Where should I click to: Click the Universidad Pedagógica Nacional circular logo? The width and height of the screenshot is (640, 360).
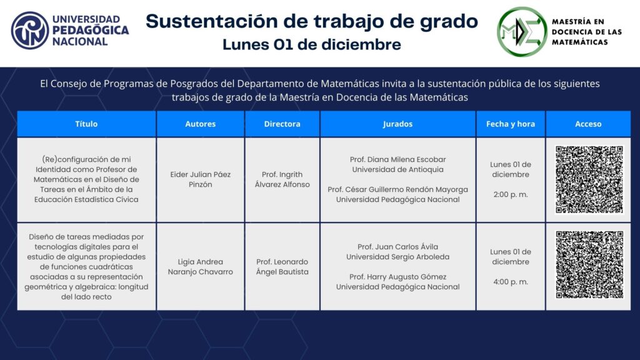pos(30,31)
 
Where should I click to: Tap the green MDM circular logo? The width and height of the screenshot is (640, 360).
pos(522,31)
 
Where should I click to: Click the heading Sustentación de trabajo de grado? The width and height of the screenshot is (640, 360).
pos(312,21)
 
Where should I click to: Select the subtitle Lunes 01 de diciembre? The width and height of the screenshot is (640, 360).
pos(312,44)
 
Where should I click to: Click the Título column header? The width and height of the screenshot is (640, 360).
pos(86,124)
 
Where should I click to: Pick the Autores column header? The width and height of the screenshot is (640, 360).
pos(201,124)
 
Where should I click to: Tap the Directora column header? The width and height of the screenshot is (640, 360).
pos(282,124)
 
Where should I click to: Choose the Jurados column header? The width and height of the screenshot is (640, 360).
pos(397,124)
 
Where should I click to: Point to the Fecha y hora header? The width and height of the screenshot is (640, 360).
pos(510,124)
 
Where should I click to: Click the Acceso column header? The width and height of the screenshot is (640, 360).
pos(588,124)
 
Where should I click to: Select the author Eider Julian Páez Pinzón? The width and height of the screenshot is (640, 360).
pos(201,179)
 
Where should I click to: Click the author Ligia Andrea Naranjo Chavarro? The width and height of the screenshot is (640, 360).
pos(201,266)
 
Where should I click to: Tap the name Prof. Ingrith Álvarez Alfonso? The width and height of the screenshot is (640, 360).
pos(282,179)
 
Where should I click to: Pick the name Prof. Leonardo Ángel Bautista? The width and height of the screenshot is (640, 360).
pos(282,266)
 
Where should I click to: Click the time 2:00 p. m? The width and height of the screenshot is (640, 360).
pos(511,194)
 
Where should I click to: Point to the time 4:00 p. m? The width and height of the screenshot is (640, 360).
pos(511,282)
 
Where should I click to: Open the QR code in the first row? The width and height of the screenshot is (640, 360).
pos(589,179)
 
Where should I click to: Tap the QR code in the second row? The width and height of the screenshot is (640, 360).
pos(589,264)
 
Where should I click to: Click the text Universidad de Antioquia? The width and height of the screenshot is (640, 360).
pos(397,169)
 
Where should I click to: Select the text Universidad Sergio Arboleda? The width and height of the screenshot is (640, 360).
pos(397,257)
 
